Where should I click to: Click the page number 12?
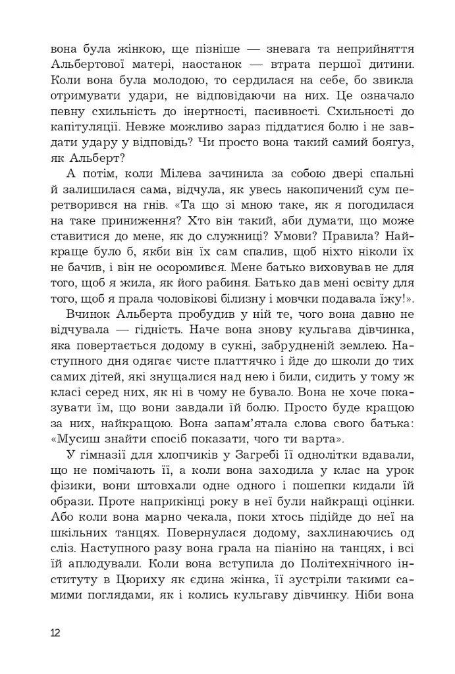point(55,633)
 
